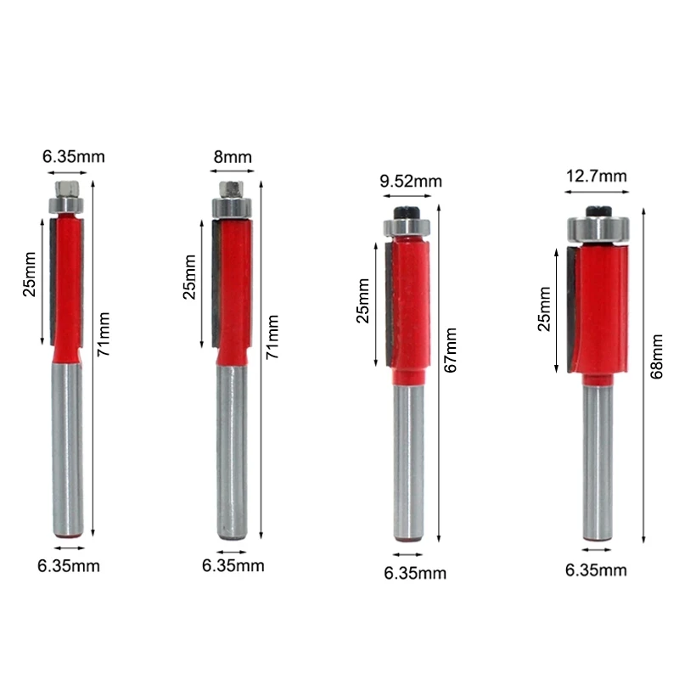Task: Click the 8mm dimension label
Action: click(x=233, y=157)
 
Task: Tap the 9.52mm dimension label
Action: click(x=411, y=181)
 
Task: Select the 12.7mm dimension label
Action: click(x=596, y=177)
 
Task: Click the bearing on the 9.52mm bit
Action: click(x=409, y=227)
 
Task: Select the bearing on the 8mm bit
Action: click(x=232, y=205)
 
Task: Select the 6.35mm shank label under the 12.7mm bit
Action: click(x=596, y=570)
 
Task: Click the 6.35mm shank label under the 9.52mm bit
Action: click(x=415, y=573)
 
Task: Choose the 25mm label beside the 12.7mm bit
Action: click(x=544, y=308)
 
